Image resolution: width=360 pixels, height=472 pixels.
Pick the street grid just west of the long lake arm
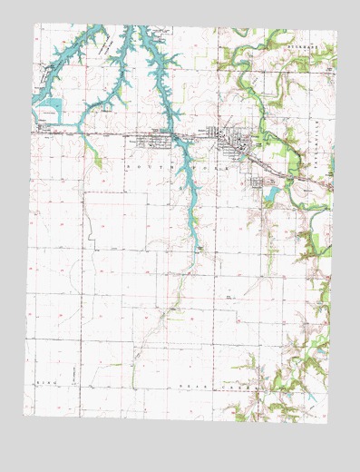[154, 141]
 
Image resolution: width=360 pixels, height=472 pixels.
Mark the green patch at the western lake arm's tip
[97, 161]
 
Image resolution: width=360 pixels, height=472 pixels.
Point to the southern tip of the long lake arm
[197, 246]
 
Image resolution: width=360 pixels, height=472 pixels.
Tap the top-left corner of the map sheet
[35, 25]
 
